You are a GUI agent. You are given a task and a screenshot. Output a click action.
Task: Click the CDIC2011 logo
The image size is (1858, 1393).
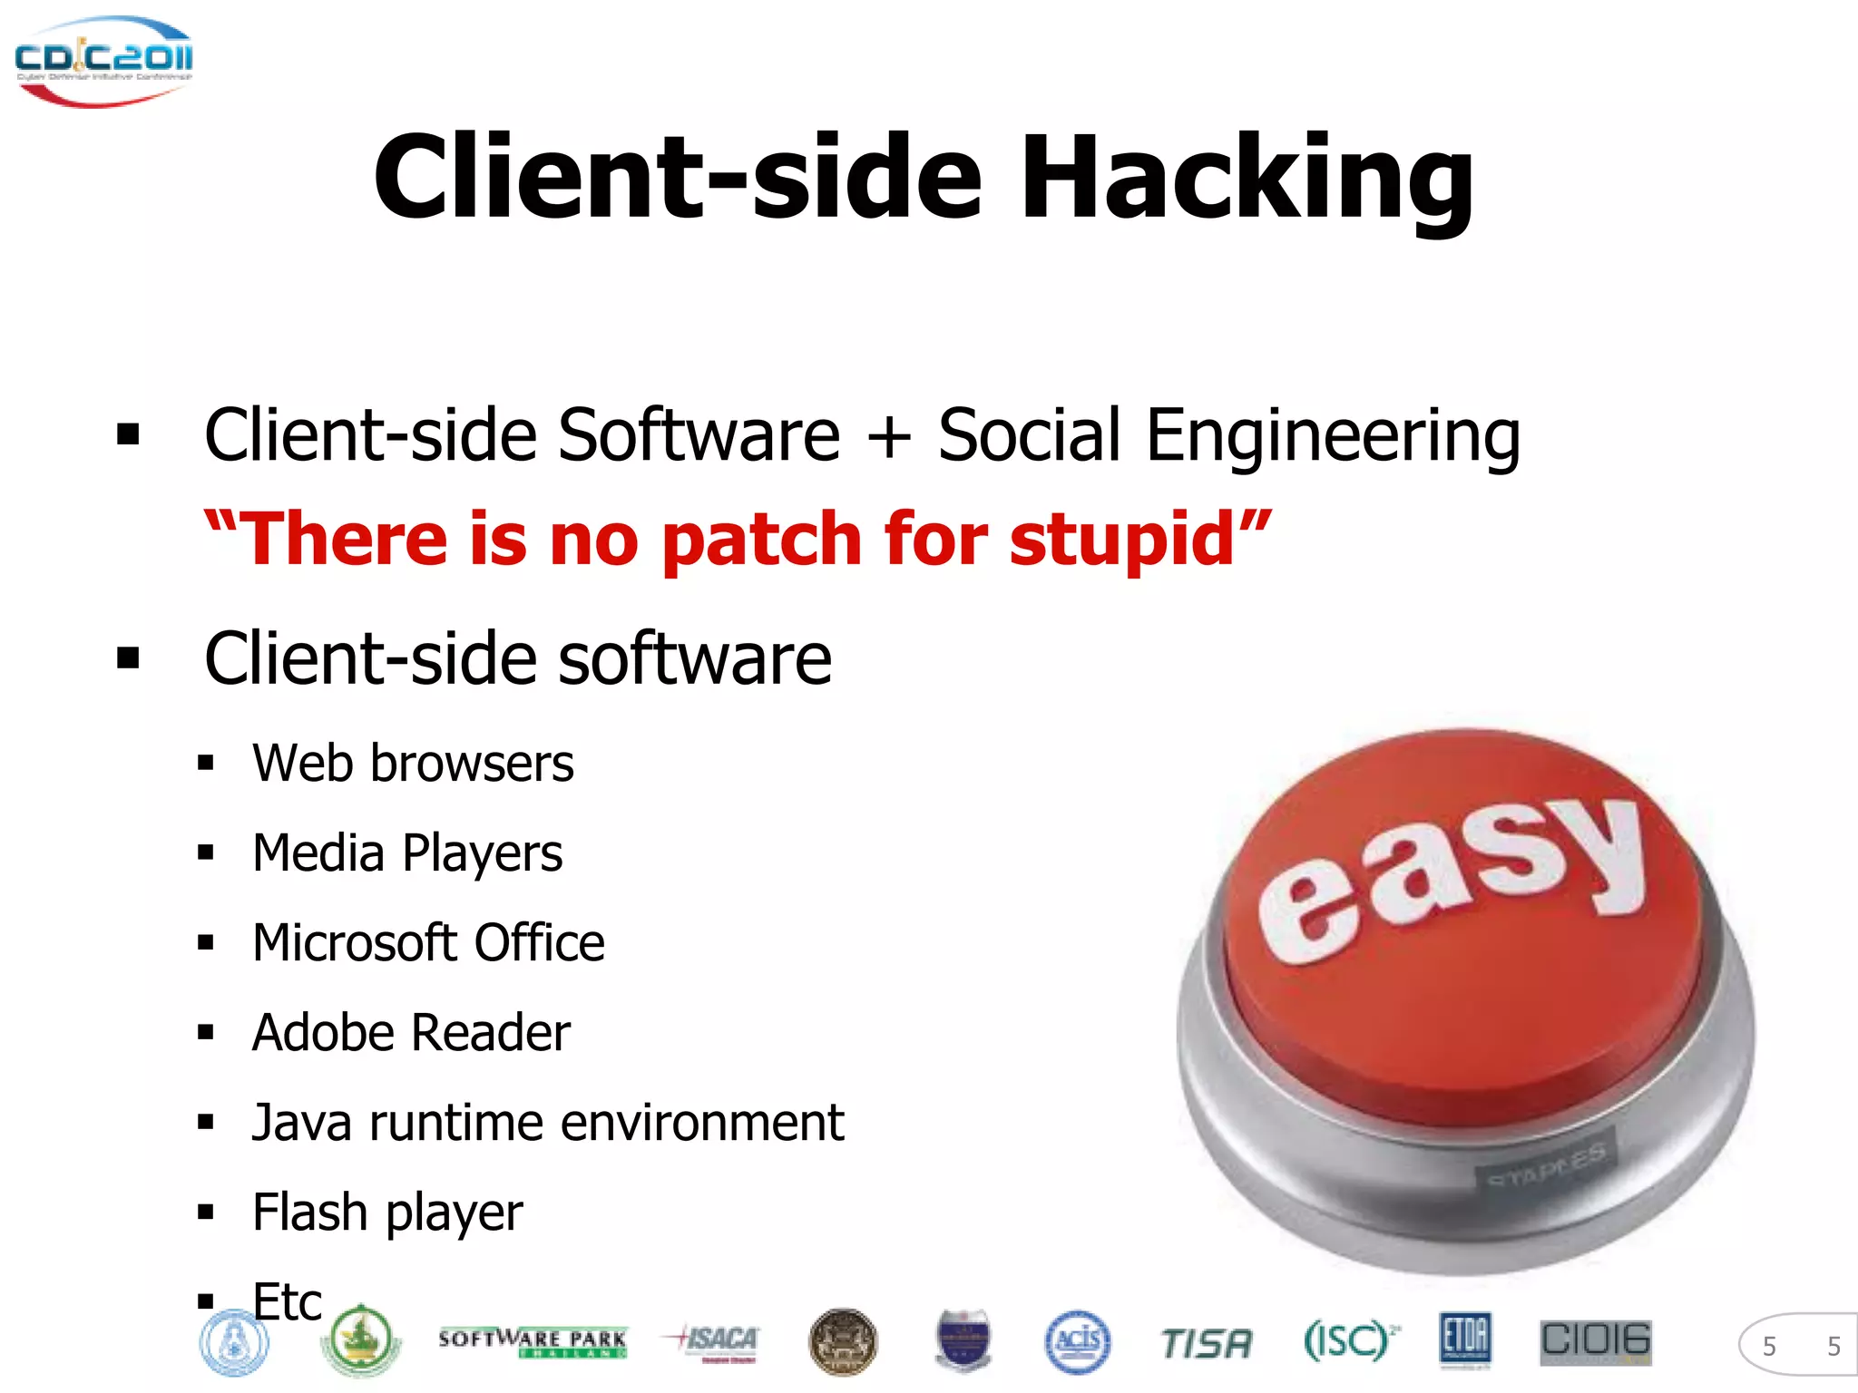103,60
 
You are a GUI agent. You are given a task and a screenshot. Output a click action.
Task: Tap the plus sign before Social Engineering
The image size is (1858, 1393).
888,436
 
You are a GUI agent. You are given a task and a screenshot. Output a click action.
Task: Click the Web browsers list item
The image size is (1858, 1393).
413,763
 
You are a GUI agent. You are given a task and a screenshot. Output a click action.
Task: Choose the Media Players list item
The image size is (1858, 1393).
407,853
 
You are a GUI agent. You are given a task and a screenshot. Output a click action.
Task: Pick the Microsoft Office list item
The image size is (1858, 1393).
428,943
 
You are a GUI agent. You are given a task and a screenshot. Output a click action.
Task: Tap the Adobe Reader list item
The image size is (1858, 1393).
411,1033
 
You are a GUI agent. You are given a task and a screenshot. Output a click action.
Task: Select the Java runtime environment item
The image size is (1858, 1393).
548,1123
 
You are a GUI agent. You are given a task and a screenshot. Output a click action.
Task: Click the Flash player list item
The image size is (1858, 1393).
387,1213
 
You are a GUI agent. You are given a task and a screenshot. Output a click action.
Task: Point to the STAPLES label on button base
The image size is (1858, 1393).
1546,1164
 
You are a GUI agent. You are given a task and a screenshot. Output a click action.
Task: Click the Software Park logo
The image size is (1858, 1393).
533,1341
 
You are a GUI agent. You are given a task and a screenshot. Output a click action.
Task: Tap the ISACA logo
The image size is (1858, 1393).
714,1340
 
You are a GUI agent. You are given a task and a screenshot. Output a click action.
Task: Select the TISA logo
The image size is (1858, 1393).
1206,1343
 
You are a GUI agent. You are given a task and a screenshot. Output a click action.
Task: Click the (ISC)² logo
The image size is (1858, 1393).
1349,1340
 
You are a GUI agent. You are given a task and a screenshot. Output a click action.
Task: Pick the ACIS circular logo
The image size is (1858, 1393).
1077,1341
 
